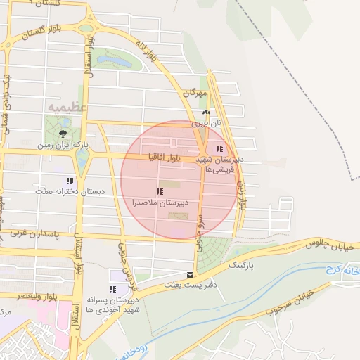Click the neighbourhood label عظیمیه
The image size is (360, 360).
click(x=67, y=107)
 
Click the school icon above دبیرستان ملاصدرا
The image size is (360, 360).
click(x=160, y=191)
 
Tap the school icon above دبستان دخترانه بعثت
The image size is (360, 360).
click(x=69, y=180)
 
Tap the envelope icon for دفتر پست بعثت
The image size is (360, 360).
click(x=190, y=275)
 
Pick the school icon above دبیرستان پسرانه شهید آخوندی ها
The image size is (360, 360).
click(x=113, y=289)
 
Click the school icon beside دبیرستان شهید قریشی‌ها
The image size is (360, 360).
click(x=220, y=149)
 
